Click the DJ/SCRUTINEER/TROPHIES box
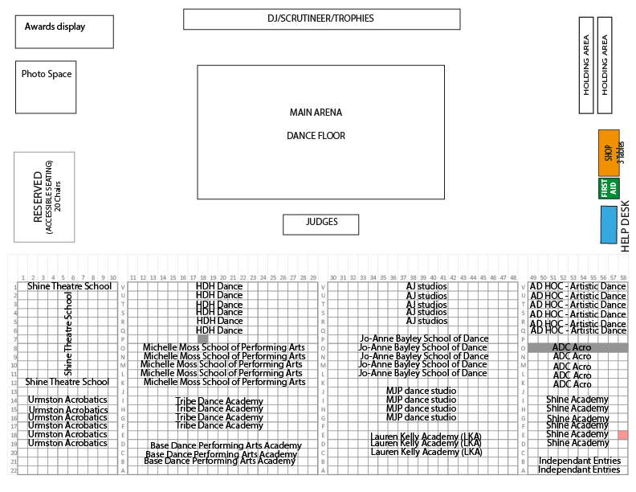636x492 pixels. pyautogui.click(x=321, y=18)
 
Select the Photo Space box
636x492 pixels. pyautogui.click(x=47, y=87)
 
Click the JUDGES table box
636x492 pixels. pyautogui.click(x=321, y=223)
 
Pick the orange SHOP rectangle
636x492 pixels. pyautogui.click(x=608, y=153)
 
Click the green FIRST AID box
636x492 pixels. pyautogui.click(x=609, y=188)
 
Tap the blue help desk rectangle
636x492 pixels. pyautogui.click(x=609, y=224)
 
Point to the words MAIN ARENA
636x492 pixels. pyautogui.click(x=316, y=113)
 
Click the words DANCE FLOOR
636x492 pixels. pyautogui.click(x=316, y=136)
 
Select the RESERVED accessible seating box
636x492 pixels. pyautogui.click(x=44, y=197)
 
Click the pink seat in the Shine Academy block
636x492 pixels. pyautogui.click(x=623, y=435)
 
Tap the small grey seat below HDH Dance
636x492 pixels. pyautogui.click(x=203, y=339)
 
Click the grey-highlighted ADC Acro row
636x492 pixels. pyautogui.click(x=577, y=347)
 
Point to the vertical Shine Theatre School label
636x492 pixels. pyautogui.click(x=68, y=334)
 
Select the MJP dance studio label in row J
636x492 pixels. pyautogui.click(x=421, y=392)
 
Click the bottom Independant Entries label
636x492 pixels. pyautogui.click(x=579, y=469)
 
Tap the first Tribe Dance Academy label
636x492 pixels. pyautogui.click(x=219, y=401)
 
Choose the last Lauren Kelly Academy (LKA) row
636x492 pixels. pyautogui.click(x=426, y=452)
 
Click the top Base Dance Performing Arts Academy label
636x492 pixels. pyautogui.click(x=226, y=445)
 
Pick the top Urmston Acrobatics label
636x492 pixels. pyautogui.click(x=67, y=400)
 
